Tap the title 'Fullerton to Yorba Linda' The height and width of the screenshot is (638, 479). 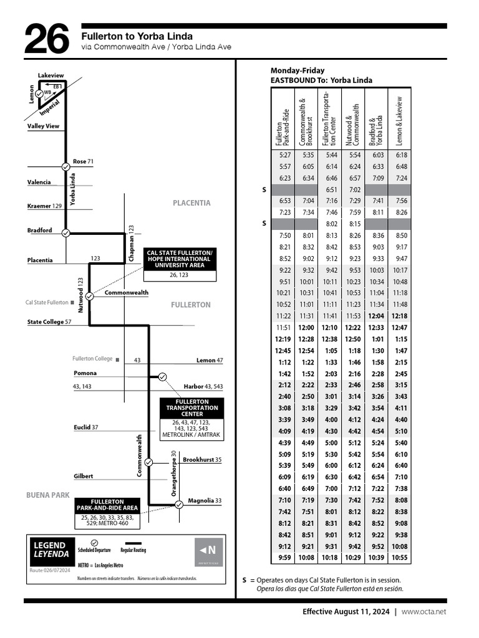click(137, 36)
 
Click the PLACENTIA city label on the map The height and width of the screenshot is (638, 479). click(191, 203)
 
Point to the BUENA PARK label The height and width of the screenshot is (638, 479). click(47, 495)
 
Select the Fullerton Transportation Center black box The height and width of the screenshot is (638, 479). click(192, 408)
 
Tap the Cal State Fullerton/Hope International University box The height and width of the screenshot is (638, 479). click(180, 259)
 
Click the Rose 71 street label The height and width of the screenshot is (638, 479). click(83, 161)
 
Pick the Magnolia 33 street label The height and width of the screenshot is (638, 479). click(205, 500)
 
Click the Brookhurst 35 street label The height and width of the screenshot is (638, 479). click(202, 460)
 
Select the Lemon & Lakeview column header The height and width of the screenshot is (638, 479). click(400, 121)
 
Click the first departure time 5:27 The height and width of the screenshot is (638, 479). click(285, 155)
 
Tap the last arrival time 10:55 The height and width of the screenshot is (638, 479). click(400, 558)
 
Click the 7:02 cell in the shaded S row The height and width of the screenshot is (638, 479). click(355, 189)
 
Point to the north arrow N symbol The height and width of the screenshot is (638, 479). click(208, 550)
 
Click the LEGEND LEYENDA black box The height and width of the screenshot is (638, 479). click(50, 549)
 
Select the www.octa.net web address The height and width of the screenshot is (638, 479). click(423, 612)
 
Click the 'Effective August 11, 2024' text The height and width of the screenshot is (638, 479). click(346, 612)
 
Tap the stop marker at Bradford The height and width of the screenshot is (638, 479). click(65, 233)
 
